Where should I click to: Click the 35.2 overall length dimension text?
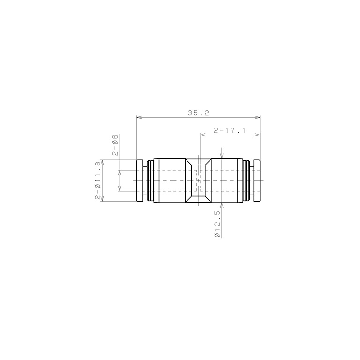click(x=198, y=113)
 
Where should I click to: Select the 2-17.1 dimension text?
click(x=229, y=130)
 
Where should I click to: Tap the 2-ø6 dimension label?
click(x=115, y=145)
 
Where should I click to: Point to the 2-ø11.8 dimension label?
click(x=98, y=180)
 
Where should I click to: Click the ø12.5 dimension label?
click(x=217, y=224)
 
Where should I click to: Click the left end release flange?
click(x=140, y=180)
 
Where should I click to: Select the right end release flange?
click(x=257, y=180)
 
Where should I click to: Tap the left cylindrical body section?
click(x=170, y=180)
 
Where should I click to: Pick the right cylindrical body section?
click(x=227, y=180)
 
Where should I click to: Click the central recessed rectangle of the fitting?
click(x=198, y=180)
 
